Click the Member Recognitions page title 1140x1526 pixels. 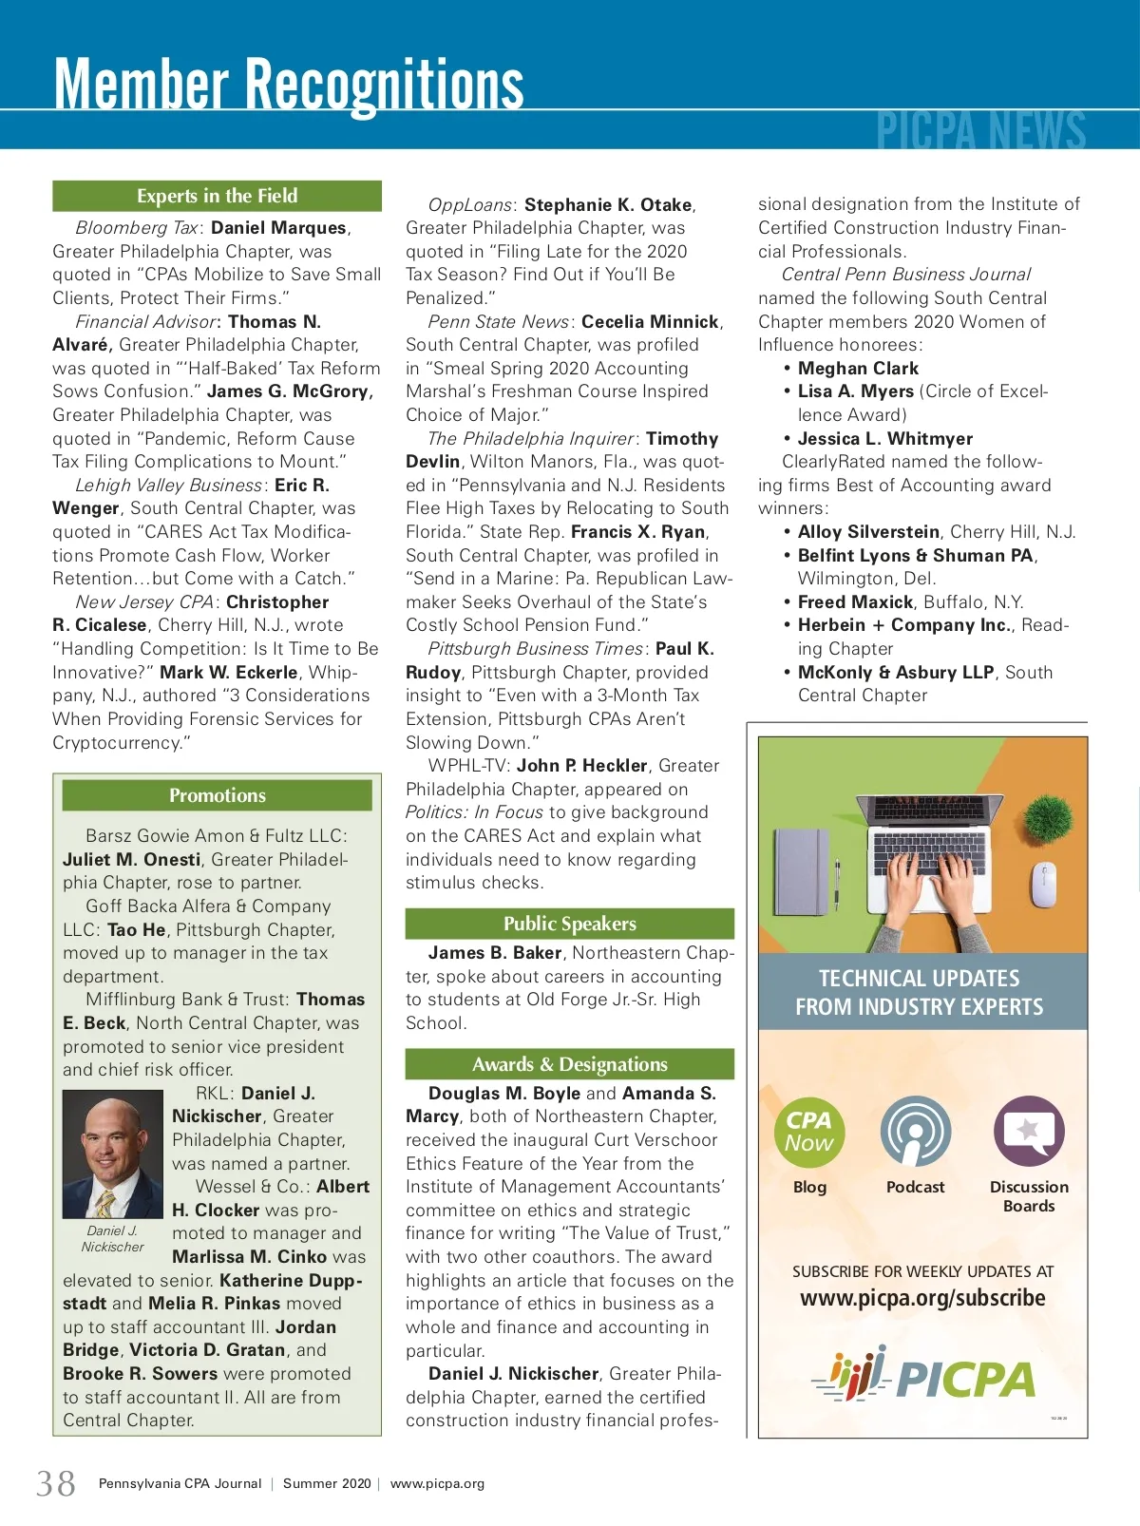pos(289,86)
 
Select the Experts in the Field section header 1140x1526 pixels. pos(217,196)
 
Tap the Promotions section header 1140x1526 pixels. pos(217,795)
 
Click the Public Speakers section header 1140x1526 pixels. pos(569,924)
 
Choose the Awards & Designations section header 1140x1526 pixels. pos(569,1064)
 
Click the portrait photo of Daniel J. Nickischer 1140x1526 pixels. pos(112,1154)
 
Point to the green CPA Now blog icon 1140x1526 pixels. pos(808,1132)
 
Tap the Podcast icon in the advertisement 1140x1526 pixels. pos(915,1132)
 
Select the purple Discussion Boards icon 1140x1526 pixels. pos(1029,1132)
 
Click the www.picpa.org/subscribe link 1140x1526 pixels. pos(922,1298)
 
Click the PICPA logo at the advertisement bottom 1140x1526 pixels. pos(922,1377)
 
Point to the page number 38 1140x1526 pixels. pos(56,1483)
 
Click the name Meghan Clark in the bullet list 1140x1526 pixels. pos(858,369)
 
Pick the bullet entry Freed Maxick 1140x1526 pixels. pos(855,602)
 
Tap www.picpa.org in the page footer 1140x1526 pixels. pos(437,1483)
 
